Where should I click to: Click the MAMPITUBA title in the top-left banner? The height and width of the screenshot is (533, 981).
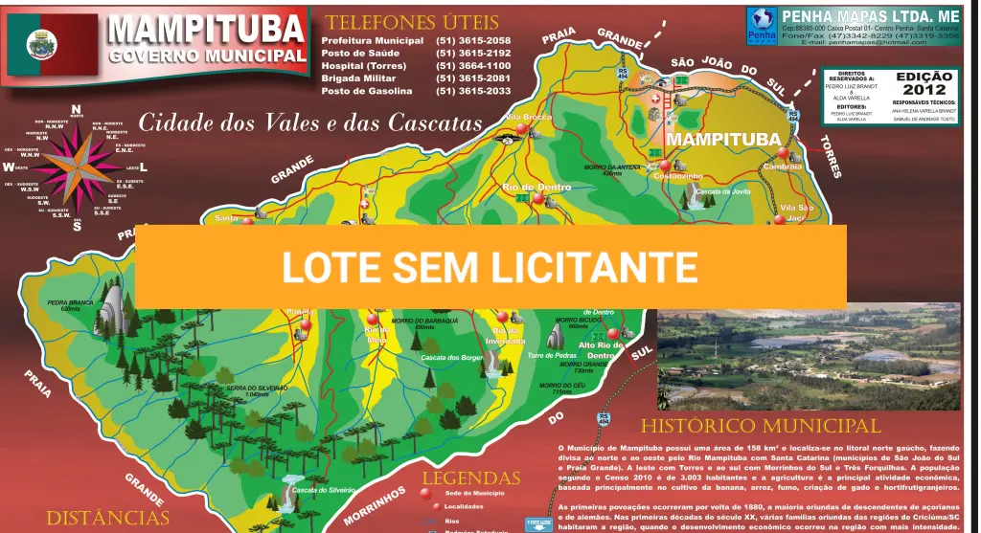point(206,29)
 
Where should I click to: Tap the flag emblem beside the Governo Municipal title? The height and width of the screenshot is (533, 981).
point(53,45)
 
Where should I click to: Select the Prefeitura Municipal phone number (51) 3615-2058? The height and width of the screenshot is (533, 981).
point(473,41)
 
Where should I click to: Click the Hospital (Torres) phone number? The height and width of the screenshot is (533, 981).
point(473,66)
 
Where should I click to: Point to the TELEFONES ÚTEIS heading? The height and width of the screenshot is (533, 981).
point(412,22)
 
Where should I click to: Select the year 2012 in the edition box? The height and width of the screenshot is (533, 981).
point(924,90)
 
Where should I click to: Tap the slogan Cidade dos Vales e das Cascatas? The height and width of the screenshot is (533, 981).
point(309,123)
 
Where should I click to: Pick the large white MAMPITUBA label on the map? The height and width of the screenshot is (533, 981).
point(723,139)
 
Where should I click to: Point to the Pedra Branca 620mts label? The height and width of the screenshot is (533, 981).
point(70,305)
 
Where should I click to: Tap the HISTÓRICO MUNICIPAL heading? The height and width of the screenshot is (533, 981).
point(760,426)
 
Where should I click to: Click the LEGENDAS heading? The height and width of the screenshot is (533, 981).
point(471,478)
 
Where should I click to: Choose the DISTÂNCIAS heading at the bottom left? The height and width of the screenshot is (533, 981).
point(107,518)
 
